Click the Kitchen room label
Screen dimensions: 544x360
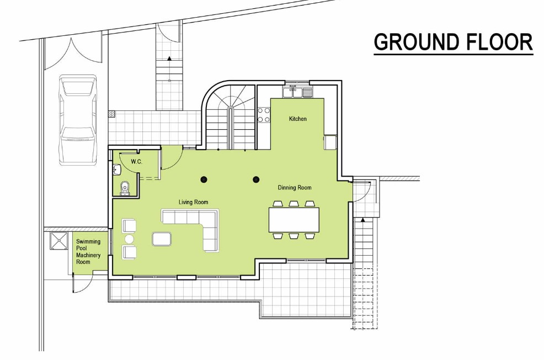298,119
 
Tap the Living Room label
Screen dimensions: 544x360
193,202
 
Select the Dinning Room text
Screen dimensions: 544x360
295,188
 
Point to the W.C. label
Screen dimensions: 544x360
136,162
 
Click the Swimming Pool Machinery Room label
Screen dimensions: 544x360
88,252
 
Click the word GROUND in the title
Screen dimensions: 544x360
417,42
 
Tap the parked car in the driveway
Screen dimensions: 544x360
77,119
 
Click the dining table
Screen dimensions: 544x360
294,220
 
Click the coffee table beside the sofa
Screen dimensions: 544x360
162,239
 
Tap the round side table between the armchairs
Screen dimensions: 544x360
129,239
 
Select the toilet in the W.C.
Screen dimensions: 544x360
125,188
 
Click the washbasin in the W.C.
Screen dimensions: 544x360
117,170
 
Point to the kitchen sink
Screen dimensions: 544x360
297,92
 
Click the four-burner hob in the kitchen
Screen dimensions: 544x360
264,115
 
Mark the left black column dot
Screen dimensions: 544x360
204,179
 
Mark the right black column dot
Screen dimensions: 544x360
256,179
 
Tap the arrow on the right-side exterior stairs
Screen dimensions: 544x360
363,220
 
